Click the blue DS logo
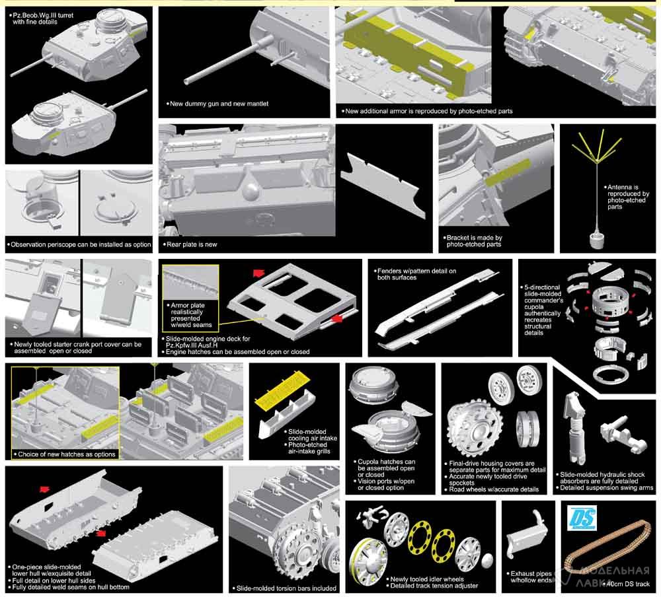(x=582, y=518)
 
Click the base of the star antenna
(x=598, y=239)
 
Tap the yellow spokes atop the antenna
(x=598, y=146)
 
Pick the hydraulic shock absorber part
(x=575, y=427)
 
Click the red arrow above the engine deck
(x=259, y=273)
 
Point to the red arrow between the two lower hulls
(x=100, y=533)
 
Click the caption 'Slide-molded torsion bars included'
(x=286, y=588)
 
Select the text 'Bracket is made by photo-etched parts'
(x=474, y=241)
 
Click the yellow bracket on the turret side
(x=508, y=172)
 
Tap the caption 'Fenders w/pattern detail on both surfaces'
(x=416, y=274)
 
